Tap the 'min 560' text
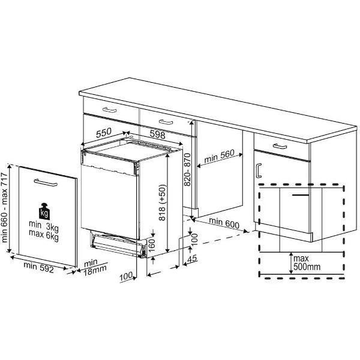click(x=218, y=158)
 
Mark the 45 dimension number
click(x=192, y=259)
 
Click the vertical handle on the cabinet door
click(x=258, y=170)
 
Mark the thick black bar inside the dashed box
click(x=301, y=194)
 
